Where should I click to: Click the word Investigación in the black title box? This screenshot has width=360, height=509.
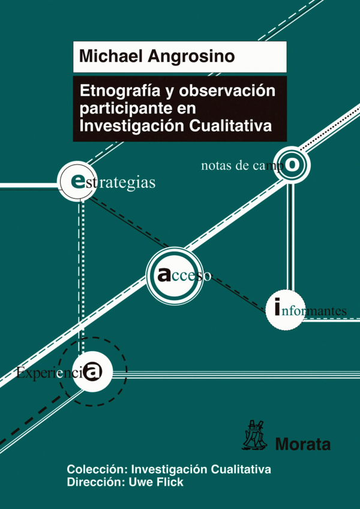[133, 127]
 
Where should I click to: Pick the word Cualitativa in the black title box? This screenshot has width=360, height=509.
[231, 125]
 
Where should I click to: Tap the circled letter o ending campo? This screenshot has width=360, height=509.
[292, 165]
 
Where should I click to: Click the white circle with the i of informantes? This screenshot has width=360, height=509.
[284, 310]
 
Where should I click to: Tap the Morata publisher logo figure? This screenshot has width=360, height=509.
[254, 435]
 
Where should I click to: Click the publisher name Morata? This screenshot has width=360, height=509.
[303, 444]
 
